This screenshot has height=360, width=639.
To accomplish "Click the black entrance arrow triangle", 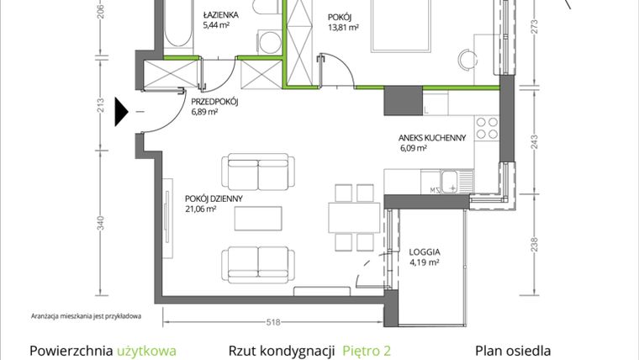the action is (x=121, y=112).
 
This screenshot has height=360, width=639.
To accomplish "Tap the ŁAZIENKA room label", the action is (x=220, y=15).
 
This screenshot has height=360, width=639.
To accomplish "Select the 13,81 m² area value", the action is (x=343, y=27).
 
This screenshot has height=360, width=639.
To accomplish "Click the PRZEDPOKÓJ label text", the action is (x=214, y=102).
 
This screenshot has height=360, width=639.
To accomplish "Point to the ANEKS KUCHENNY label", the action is (x=432, y=138).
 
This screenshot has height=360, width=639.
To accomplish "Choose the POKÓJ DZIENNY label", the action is (x=214, y=199).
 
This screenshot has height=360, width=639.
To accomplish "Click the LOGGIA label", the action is (x=425, y=252).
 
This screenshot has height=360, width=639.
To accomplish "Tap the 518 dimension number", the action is (x=273, y=322).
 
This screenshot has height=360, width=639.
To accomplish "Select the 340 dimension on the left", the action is (x=101, y=223).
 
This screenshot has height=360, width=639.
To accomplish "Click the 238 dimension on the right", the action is (x=534, y=245).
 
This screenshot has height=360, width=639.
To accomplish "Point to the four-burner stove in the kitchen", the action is (x=487, y=128).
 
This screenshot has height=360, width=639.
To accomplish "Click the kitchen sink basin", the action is (x=450, y=182).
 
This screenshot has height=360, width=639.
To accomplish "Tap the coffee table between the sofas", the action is (x=258, y=219).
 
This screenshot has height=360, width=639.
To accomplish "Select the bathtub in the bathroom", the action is (x=178, y=24).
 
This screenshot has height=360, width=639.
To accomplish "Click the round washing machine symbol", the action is (x=269, y=42).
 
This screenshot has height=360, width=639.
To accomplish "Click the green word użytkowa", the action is (x=146, y=351).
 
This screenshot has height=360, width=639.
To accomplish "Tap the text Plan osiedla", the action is (x=513, y=351).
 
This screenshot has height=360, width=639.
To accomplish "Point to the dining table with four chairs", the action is (x=354, y=218).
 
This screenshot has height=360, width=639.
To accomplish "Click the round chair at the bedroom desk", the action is (x=467, y=60).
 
